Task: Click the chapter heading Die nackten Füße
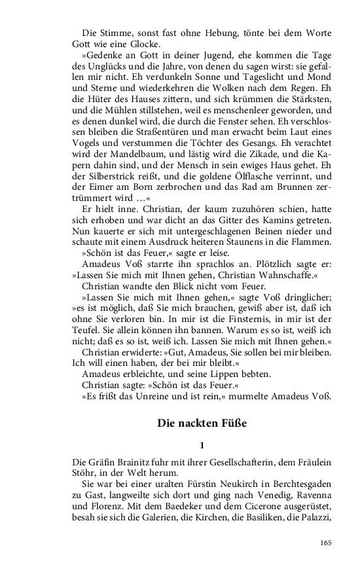pos(202,423)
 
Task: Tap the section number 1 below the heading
pos(202,445)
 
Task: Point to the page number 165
pos(326,542)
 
